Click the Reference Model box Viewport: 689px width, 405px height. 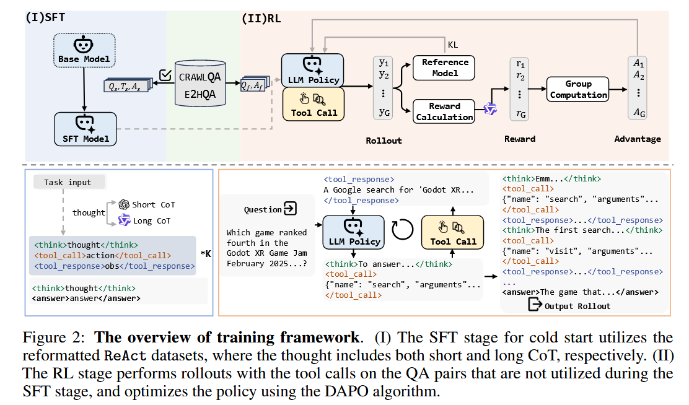click(x=445, y=67)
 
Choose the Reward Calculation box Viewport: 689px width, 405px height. click(x=444, y=111)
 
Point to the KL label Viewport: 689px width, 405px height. click(x=454, y=45)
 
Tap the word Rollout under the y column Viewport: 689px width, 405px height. click(x=384, y=141)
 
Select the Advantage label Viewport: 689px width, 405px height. click(x=638, y=139)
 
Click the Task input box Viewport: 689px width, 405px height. click(x=68, y=182)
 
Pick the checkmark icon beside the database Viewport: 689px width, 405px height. click(x=165, y=76)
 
